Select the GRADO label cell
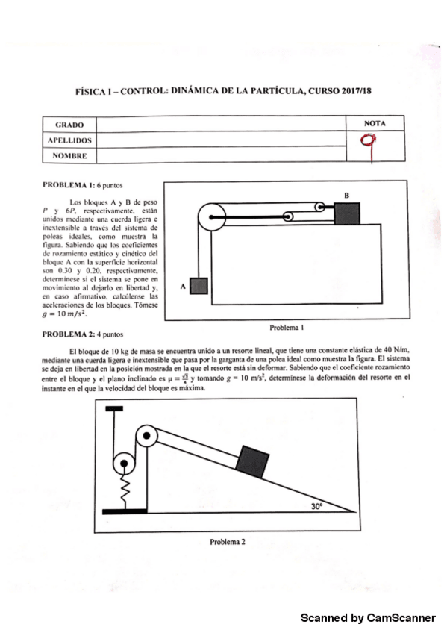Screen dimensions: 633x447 (69, 125)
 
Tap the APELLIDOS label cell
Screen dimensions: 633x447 (69, 140)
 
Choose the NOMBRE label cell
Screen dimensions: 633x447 (69, 155)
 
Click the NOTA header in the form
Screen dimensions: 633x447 (375, 122)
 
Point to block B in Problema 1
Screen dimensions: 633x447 (346, 213)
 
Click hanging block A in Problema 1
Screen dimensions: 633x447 (199, 285)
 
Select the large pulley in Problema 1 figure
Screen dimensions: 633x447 (210, 217)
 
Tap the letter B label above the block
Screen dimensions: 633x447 (346, 195)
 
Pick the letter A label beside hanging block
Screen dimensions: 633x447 (183, 285)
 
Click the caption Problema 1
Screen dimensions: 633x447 (287, 327)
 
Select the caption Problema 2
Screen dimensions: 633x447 (227, 541)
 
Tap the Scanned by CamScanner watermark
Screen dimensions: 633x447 (368, 617)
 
